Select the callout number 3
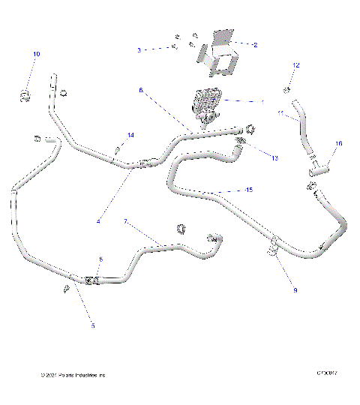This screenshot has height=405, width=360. [x=139, y=49]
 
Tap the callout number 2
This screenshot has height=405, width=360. [x=255, y=45]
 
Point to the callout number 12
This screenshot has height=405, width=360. [x=295, y=66]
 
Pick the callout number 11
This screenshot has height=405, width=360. [x=280, y=115]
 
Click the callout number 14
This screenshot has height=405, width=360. [x=130, y=135]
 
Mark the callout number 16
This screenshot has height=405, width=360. [x=338, y=143]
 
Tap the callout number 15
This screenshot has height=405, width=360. [x=249, y=190]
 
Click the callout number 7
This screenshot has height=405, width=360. [x=126, y=222]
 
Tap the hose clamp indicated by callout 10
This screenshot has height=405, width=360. [x=25, y=94]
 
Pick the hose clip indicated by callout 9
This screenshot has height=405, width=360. [x=274, y=248]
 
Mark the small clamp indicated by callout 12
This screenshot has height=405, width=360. [x=287, y=89]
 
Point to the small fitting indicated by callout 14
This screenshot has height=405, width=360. [x=118, y=150]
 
